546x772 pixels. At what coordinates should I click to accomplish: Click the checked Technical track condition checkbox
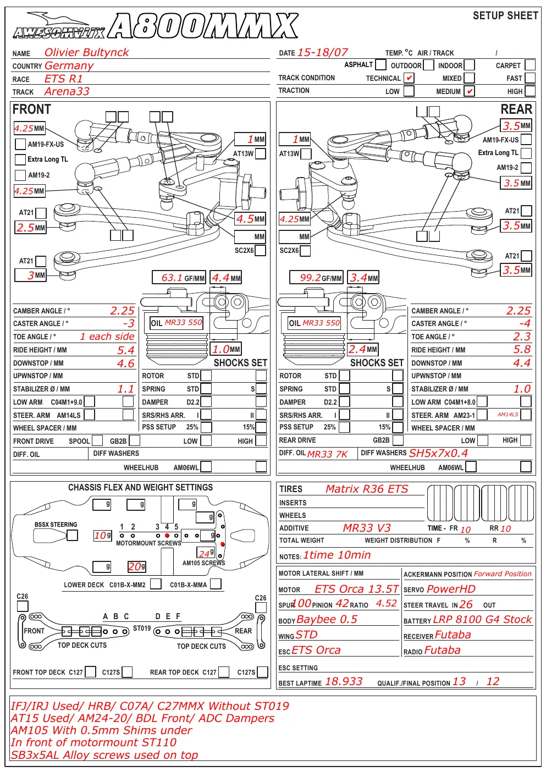pyautogui.click(x=409, y=78)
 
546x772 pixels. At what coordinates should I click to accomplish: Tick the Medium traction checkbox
pyautogui.click(x=469, y=91)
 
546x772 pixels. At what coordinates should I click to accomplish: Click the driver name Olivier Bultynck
pyautogui.click(x=86, y=52)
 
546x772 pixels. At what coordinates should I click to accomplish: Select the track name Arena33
pyautogui.click(x=67, y=92)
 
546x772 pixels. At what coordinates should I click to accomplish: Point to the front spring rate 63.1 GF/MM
pyautogui.click(x=179, y=278)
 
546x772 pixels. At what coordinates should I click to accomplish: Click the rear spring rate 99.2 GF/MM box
pyautogui.click(x=316, y=278)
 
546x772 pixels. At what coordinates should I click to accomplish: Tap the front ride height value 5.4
pyautogui.click(x=126, y=350)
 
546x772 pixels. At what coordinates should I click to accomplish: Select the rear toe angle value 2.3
pyautogui.click(x=522, y=337)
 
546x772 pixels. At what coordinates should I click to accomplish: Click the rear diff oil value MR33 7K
pyautogui.click(x=328, y=454)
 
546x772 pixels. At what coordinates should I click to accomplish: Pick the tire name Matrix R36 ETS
pyautogui.click(x=367, y=489)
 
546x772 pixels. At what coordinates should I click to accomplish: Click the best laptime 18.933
pyautogui.click(x=344, y=681)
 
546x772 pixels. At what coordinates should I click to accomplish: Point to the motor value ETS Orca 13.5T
pyautogui.click(x=356, y=589)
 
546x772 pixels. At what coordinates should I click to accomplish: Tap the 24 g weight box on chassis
pyautogui.click(x=206, y=553)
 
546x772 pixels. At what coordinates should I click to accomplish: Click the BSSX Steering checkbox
pyautogui.click(x=72, y=535)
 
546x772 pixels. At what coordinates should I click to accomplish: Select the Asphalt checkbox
pyautogui.click(x=380, y=64)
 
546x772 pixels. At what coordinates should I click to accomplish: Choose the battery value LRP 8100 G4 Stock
pyautogui.click(x=482, y=619)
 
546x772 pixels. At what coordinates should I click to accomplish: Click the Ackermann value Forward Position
pyautogui.click(x=503, y=574)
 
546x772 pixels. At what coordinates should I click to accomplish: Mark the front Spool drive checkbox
pyautogui.click(x=97, y=440)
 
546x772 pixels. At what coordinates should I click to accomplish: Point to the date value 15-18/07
pyautogui.click(x=323, y=52)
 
